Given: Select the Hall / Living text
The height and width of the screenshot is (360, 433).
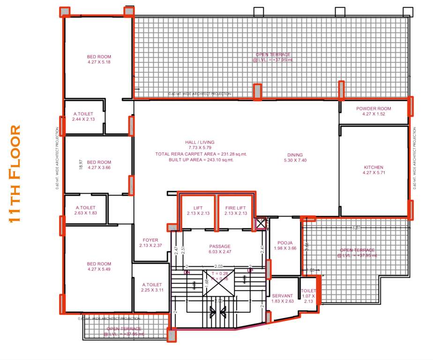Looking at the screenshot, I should (201, 142).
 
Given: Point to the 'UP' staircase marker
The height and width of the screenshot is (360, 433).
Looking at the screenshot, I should (250, 271).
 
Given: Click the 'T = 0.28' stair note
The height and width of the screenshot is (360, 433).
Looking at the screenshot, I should (219, 273).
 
